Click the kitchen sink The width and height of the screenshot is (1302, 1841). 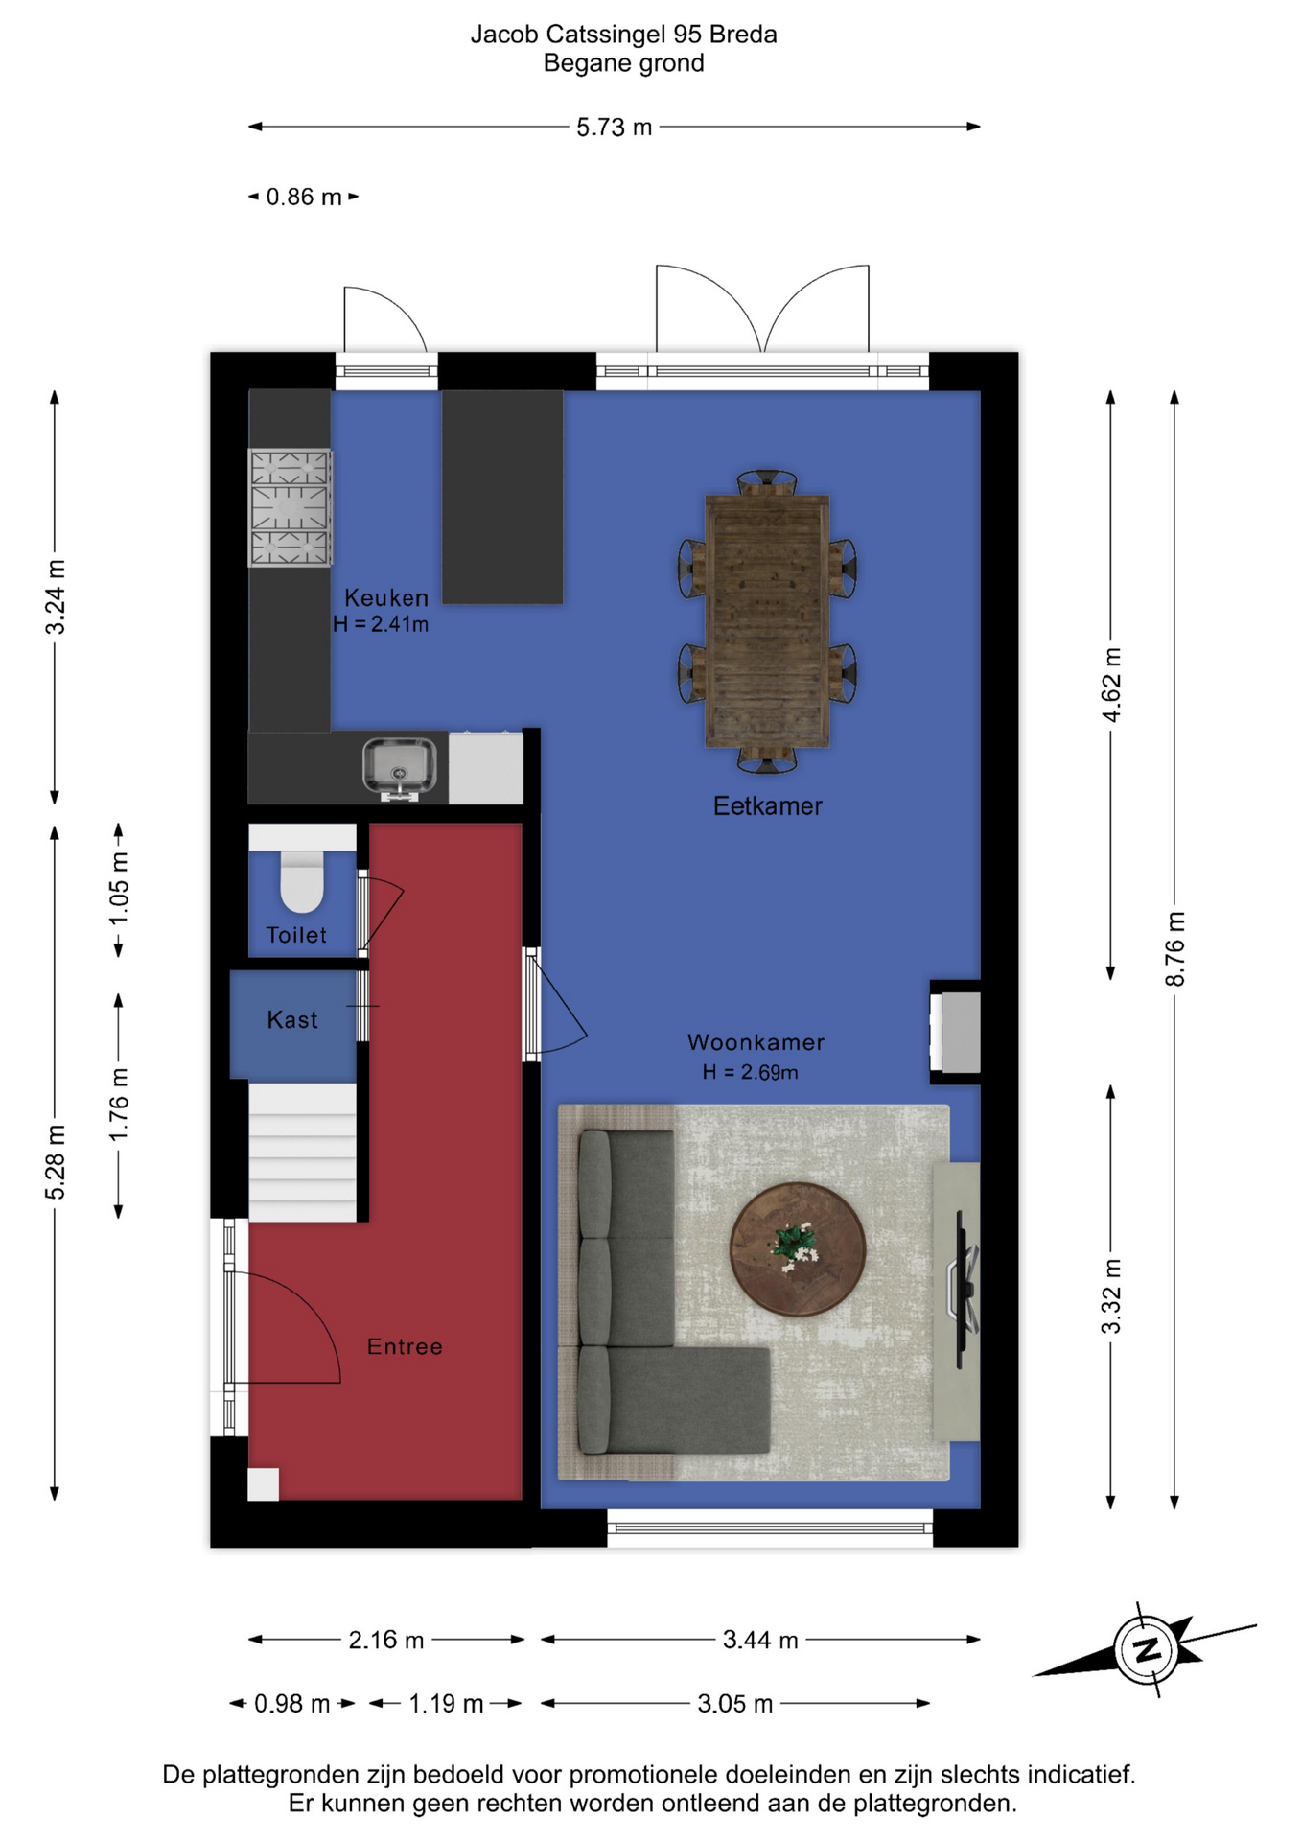[x=399, y=767]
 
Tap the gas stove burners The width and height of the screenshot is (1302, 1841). [x=291, y=507]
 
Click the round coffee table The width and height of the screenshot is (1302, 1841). [x=798, y=1248]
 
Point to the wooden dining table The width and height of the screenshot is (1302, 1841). [x=767, y=620]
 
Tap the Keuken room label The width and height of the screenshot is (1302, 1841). [x=386, y=597]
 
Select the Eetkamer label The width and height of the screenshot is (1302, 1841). [x=767, y=805]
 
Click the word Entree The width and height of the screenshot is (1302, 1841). [x=405, y=1346]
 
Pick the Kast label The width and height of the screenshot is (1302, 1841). [x=292, y=1019]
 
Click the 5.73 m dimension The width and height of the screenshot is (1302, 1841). [x=614, y=127]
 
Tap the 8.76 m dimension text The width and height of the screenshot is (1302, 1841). [x=1175, y=948]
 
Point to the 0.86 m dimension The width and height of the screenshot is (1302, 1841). [x=304, y=197]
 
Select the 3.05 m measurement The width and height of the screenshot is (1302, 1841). [x=734, y=1703]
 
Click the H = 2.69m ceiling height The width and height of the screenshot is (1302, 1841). [x=750, y=1072]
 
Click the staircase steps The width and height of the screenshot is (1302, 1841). [x=302, y=1152]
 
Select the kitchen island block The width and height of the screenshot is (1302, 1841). [x=501, y=497]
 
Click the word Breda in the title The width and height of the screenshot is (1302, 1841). [x=743, y=35]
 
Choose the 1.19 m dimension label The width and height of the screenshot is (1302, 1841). [x=446, y=1703]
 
